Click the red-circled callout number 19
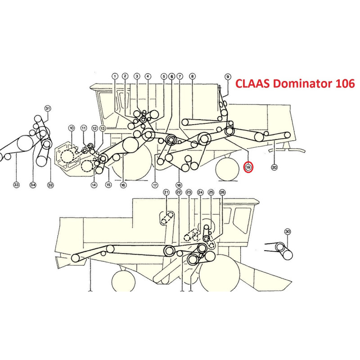coord(248,167)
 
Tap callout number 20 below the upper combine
coord(274,167)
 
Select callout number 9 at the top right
coord(228,76)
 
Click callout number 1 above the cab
coord(115,76)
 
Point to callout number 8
coord(193,76)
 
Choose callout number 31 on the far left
coord(48,108)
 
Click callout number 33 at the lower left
coord(16,185)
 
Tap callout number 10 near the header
coord(71,129)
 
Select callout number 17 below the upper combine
coord(155,185)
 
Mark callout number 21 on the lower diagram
coord(166,192)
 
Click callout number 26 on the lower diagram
coord(222,192)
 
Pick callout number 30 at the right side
coord(288,231)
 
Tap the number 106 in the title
coord(342,84)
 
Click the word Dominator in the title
coord(299,84)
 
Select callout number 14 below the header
coord(94,185)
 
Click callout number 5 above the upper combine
coord(164,76)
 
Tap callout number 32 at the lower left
coord(50,185)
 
